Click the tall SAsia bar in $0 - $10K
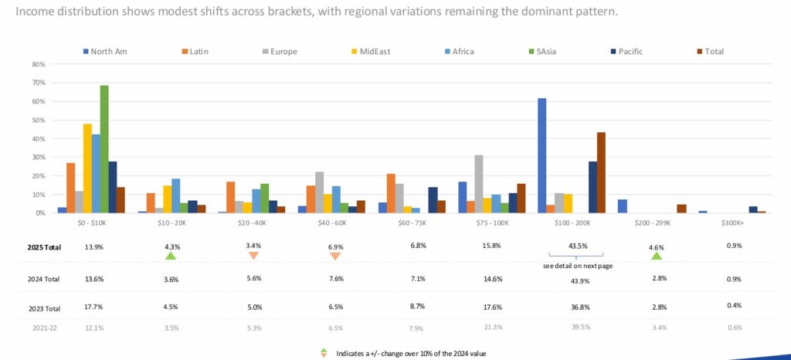(x=104, y=148)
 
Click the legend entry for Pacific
(x=626, y=52)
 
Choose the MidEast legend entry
(x=372, y=52)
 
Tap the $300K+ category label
(x=733, y=222)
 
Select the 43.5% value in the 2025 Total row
(x=575, y=247)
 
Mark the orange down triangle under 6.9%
(x=335, y=256)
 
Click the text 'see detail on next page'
(x=575, y=266)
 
